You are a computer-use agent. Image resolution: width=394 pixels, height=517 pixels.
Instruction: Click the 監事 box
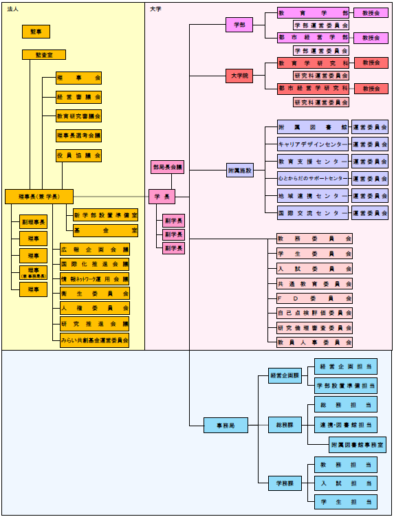pos(36,31)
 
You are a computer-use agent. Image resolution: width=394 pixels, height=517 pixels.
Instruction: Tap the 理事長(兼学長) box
pos(39,197)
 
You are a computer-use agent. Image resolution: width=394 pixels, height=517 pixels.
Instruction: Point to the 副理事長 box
pos(33,222)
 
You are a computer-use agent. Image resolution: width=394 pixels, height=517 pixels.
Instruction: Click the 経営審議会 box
pos(79,97)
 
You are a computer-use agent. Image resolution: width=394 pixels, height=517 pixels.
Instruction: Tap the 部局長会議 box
pos(168,167)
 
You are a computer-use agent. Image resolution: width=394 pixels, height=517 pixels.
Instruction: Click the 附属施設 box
pos(240,170)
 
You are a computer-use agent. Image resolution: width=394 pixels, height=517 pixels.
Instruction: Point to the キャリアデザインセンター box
pos(313,144)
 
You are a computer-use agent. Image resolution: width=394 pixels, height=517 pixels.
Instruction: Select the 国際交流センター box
pos(313,213)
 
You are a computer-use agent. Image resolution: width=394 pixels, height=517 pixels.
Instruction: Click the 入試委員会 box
pos(314,268)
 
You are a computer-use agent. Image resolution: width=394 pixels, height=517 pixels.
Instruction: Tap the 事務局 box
pos(226,426)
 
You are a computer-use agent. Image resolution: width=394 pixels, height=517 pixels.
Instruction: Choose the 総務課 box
pos(285,426)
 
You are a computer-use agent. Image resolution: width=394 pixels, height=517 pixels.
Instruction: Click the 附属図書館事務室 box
pos(357,445)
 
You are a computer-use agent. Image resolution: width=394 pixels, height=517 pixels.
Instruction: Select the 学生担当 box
pos(346,503)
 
